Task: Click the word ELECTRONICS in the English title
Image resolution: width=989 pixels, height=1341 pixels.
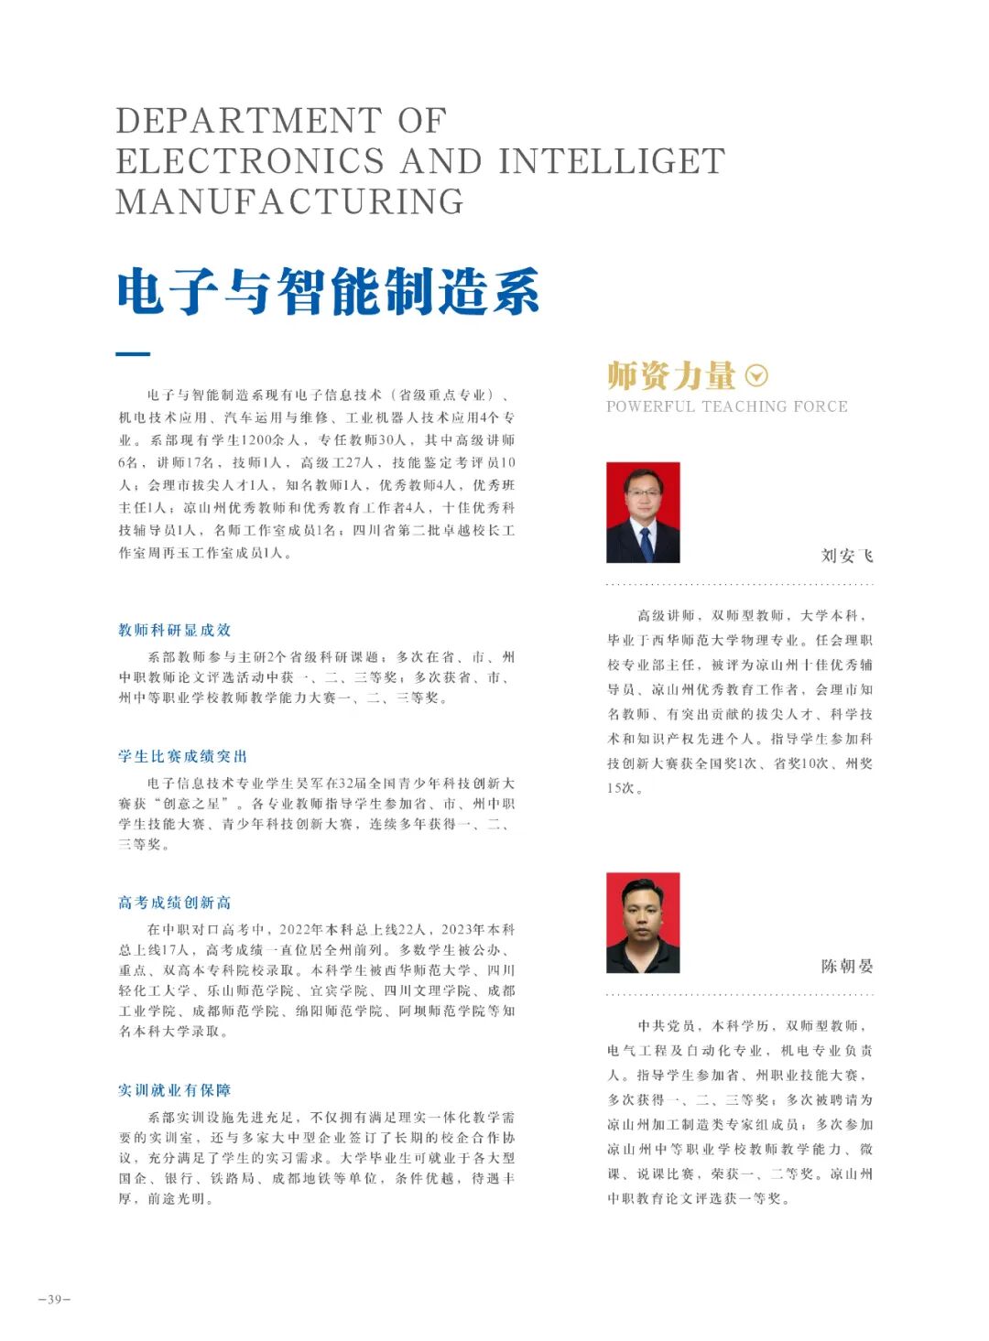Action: (249, 161)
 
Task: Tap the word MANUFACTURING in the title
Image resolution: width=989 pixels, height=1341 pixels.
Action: (290, 201)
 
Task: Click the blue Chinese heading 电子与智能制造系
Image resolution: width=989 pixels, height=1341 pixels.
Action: (328, 292)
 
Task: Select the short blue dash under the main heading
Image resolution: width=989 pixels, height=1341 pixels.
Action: (133, 354)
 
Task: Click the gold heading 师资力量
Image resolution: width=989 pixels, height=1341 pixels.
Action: (671, 375)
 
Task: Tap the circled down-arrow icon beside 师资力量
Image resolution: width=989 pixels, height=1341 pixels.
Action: (757, 375)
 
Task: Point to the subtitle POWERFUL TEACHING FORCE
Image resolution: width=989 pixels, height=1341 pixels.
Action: (727, 406)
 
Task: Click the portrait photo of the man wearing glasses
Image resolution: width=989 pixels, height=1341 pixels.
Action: (643, 512)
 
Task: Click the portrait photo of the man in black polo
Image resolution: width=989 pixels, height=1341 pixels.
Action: (643, 923)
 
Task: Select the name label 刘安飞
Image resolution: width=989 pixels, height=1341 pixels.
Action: (847, 556)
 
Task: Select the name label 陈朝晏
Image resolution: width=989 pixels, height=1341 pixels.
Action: (847, 966)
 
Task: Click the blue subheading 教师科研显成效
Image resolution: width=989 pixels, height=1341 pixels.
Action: (175, 630)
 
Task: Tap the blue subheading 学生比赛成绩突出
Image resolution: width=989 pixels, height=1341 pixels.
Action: (183, 756)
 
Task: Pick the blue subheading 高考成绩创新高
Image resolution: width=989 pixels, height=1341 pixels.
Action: (175, 903)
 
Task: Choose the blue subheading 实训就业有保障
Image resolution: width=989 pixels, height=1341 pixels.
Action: (175, 1090)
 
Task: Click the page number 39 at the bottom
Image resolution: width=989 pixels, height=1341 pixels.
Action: (54, 1300)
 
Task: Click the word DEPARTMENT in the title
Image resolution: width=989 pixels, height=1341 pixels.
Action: (248, 121)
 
